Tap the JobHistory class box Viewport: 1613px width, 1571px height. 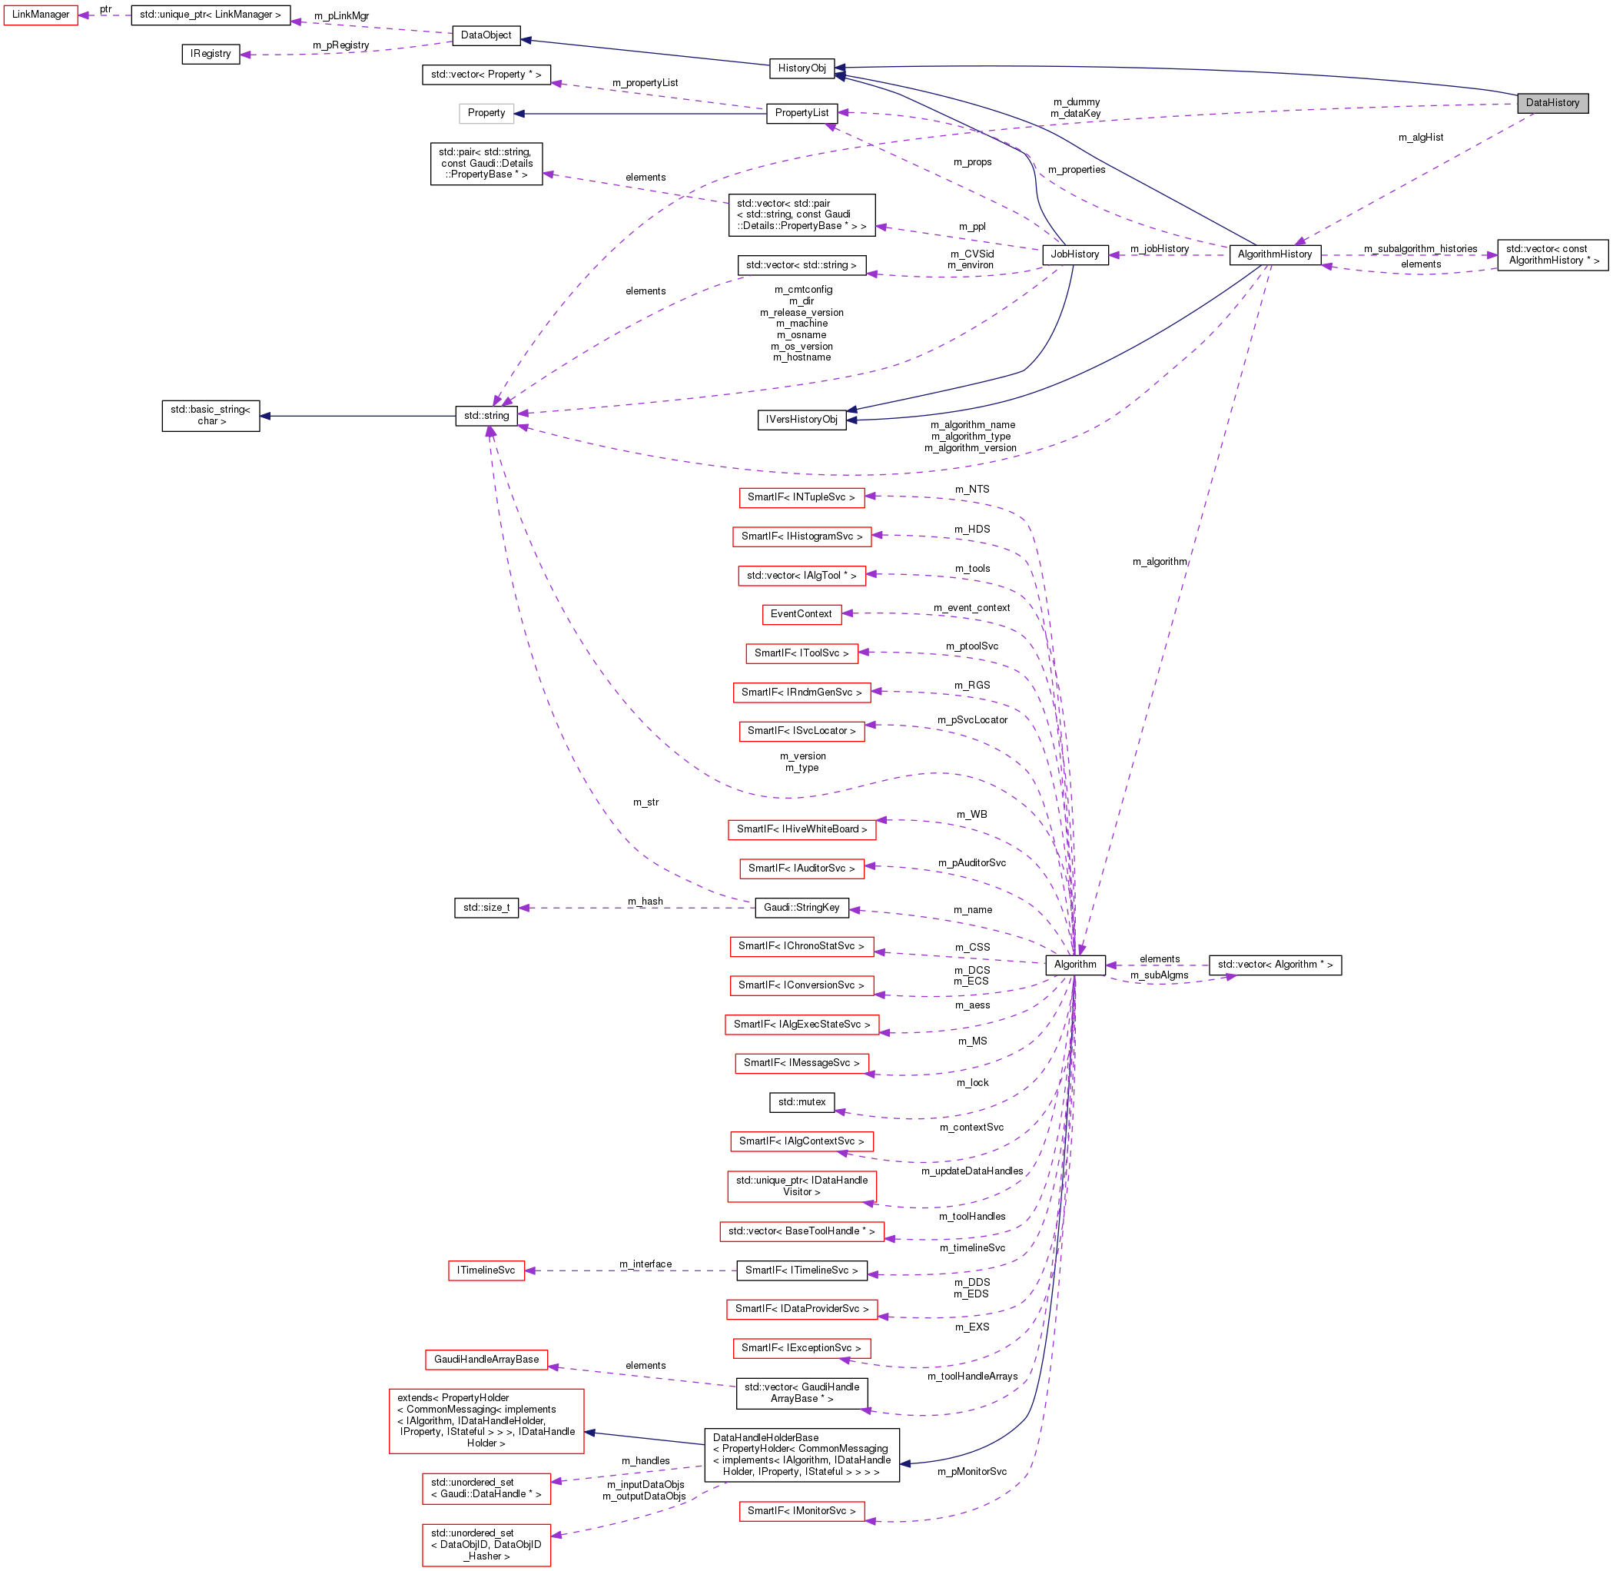pyautogui.click(x=1074, y=254)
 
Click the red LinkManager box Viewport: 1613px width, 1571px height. pyautogui.click(x=41, y=15)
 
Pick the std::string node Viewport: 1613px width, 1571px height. pyautogui.click(x=486, y=416)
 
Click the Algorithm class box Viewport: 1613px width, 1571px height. pyautogui.click(x=1074, y=965)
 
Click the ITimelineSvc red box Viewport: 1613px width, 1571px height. pyautogui.click(x=486, y=1270)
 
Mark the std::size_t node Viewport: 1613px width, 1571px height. pyautogui.click(x=486, y=908)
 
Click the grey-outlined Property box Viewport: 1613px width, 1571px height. pyautogui.click(x=486, y=113)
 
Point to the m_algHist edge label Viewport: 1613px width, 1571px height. pyautogui.click(x=1420, y=138)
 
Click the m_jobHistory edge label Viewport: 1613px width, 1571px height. pyautogui.click(x=1158, y=249)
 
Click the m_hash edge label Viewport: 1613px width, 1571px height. pyautogui.click(x=646, y=902)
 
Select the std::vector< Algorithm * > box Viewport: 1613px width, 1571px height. pyautogui.click(x=1274, y=965)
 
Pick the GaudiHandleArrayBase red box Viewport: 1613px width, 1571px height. pyautogui.click(x=486, y=1360)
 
